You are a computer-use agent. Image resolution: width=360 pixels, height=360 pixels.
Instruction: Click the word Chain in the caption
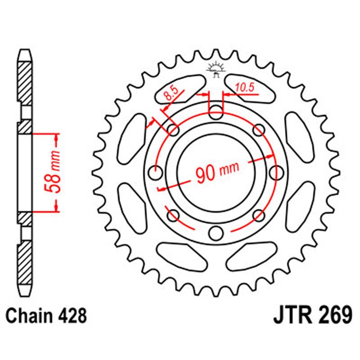(x=31, y=316)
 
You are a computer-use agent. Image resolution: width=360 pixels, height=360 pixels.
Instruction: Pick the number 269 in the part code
(x=332, y=315)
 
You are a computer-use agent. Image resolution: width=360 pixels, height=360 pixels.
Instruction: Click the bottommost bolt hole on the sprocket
(x=216, y=232)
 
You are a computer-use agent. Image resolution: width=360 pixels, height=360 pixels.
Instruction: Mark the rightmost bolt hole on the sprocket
(x=276, y=172)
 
